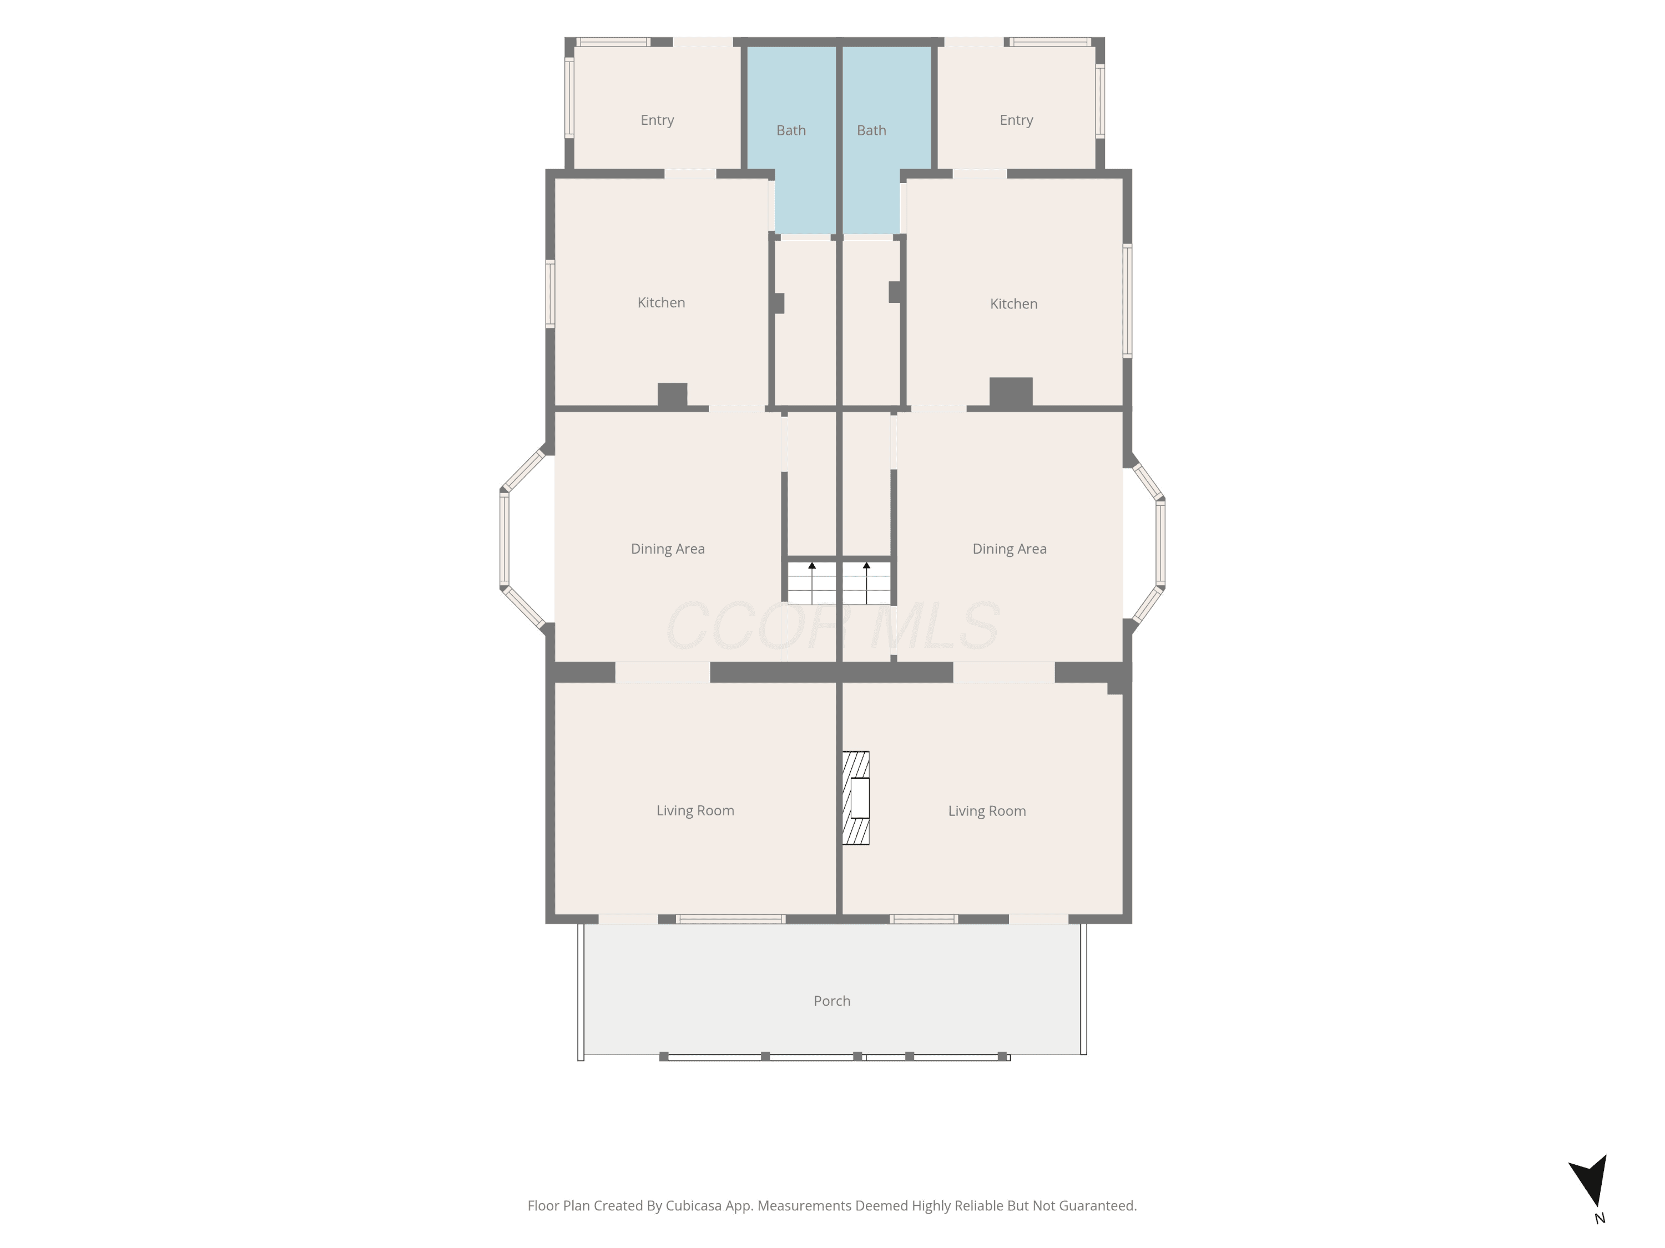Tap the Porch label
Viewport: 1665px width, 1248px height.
click(832, 1001)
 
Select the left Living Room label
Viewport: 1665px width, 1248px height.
click(695, 811)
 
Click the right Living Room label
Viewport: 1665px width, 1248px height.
click(987, 811)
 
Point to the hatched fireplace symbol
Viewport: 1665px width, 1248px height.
click(856, 798)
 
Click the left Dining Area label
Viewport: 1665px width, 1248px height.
click(668, 549)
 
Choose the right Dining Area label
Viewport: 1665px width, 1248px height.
click(1010, 549)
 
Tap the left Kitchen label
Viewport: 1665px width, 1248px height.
click(661, 302)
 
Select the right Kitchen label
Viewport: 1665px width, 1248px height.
click(1013, 304)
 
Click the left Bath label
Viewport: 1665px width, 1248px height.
click(791, 130)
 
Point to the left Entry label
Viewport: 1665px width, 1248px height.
click(657, 120)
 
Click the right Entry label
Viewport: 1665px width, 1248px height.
click(1016, 120)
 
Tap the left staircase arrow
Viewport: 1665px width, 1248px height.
click(812, 583)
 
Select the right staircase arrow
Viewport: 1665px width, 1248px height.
click(866, 583)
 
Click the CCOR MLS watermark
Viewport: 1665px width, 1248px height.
click(833, 626)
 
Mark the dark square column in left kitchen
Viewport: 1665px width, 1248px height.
click(672, 395)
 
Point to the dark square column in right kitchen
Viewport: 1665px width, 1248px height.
click(1011, 392)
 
